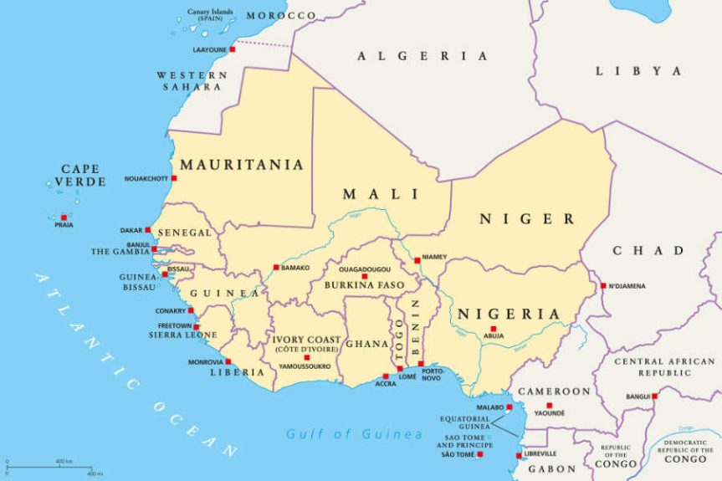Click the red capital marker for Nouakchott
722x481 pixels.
click(x=174, y=178)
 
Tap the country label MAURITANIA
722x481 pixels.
click(x=242, y=165)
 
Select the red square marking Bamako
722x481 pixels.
click(x=276, y=268)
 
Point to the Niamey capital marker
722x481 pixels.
click(x=417, y=260)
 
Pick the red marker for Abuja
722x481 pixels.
click(x=494, y=329)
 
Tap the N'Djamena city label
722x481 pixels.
click(x=628, y=286)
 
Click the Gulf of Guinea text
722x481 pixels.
click(x=354, y=434)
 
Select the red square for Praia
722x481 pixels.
click(x=64, y=217)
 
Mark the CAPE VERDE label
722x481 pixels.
click(x=81, y=175)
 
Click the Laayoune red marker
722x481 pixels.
click(x=233, y=49)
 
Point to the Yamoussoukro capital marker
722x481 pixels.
click(x=306, y=357)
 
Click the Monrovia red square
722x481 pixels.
click(x=228, y=361)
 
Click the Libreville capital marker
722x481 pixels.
click(x=519, y=456)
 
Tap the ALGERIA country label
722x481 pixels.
click(x=422, y=56)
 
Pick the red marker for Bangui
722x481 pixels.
click(x=654, y=396)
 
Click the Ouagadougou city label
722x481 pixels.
click(x=364, y=269)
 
